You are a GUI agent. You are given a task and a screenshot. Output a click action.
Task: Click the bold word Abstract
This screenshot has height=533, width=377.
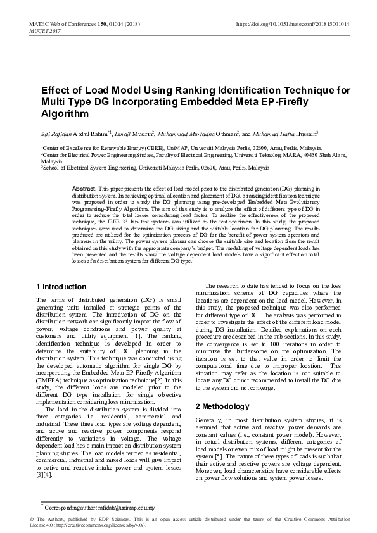pyautogui.click(x=84, y=189)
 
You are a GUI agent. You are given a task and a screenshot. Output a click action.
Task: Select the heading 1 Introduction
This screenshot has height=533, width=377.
pyautogui.click(x=61, y=287)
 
